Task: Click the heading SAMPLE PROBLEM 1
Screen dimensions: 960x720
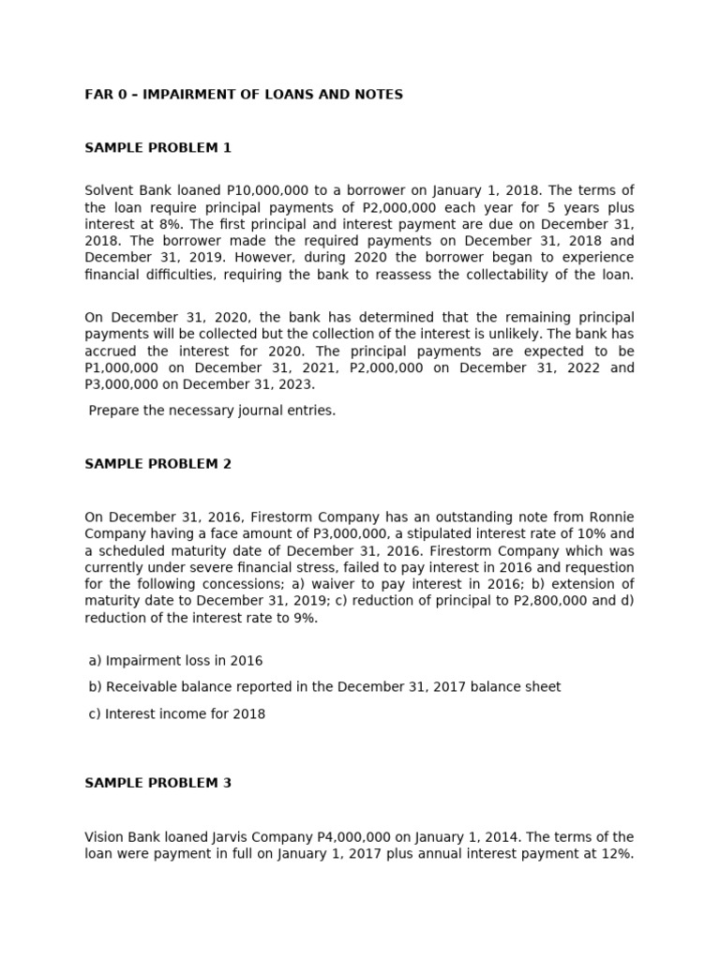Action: pos(157,148)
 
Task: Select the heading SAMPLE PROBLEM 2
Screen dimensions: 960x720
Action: pos(157,464)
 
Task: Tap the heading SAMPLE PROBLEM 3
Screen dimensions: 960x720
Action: pos(157,783)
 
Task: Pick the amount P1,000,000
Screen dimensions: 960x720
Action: pos(128,367)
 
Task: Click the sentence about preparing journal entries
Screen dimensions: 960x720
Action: pos(212,411)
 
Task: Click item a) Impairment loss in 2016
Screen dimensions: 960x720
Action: pos(175,661)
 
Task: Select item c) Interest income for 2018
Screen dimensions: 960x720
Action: pos(176,714)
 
